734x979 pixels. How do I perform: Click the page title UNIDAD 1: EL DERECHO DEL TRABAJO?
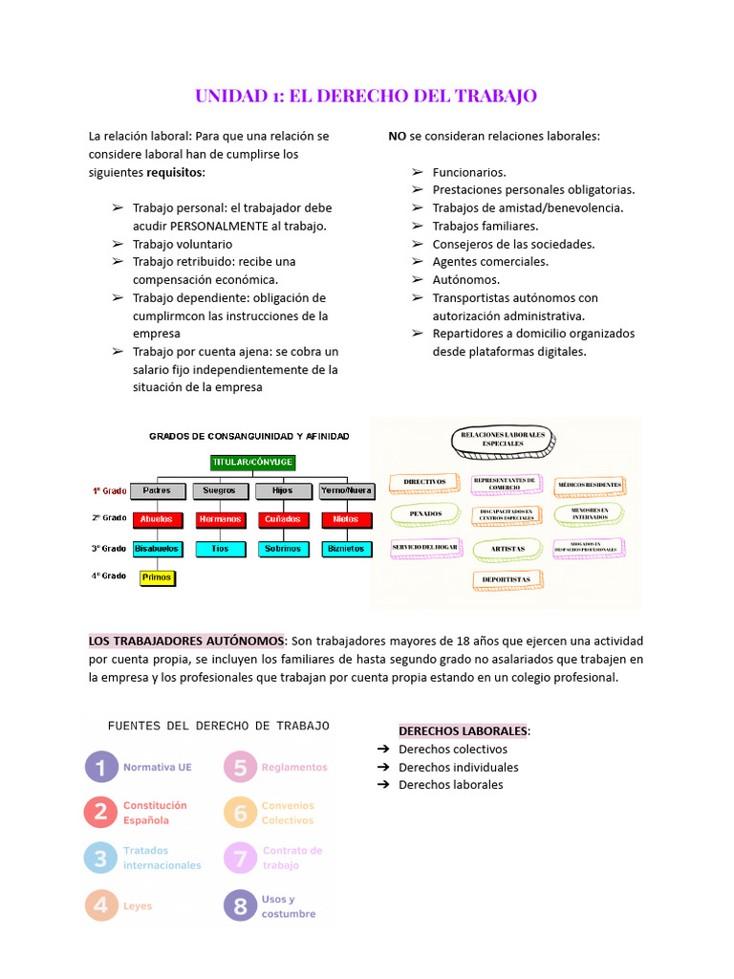click(x=366, y=96)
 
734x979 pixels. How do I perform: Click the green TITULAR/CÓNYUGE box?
click(x=252, y=462)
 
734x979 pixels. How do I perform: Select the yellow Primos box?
click(x=157, y=577)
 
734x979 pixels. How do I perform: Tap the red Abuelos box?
click(x=157, y=519)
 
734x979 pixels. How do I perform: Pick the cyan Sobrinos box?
click(x=284, y=549)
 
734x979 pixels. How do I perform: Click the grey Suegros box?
click(x=220, y=490)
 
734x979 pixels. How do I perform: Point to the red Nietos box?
click(x=345, y=519)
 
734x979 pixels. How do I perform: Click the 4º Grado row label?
click(x=109, y=577)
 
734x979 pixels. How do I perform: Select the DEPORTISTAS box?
click(x=507, y=579)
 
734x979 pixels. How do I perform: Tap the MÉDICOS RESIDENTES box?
click(x=590, y=485)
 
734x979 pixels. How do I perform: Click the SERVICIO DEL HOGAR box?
click(x=425, y=548)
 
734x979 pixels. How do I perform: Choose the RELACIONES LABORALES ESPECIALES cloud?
click(x=502, y=440)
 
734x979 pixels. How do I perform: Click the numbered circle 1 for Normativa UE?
click(x=100, y=767)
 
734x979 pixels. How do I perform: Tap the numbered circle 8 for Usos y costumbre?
click(x=241, y=906)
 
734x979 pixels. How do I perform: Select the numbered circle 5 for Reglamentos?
click(x=241, y=767)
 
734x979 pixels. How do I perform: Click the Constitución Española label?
click(x=155, y=813)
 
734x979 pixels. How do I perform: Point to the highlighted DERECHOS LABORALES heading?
click(x=463, y=731)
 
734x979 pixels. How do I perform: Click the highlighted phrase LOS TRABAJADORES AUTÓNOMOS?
click(x=186, y=641)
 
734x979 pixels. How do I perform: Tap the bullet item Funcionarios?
click(x=469, y=172)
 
